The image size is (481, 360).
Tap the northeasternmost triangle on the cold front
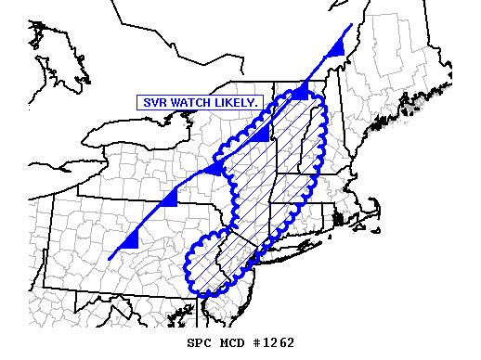[x=339, y=46]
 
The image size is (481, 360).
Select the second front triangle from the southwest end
[x=169, y=199]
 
